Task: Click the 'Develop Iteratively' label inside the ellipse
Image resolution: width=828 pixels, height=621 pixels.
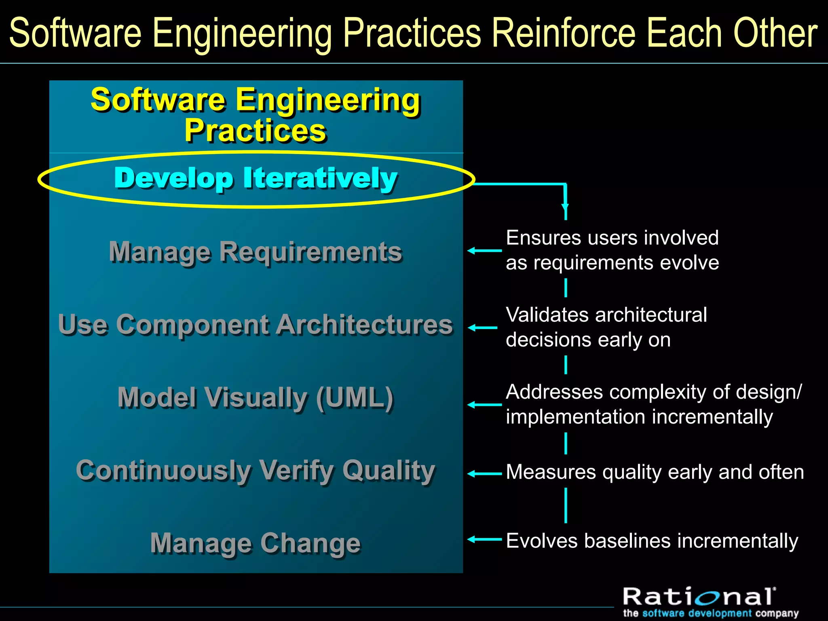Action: (x=256, y=178)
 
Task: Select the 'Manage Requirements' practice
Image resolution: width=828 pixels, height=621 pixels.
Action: (x=256, y=251)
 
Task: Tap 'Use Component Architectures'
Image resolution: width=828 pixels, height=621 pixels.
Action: (x=256, y=324)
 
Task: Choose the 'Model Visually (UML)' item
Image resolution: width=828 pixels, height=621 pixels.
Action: (x=256, y=397)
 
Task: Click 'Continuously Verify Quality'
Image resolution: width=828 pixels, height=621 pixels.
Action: (x=256, y=470)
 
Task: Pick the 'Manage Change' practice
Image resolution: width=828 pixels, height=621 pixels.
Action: (x=256, y=543)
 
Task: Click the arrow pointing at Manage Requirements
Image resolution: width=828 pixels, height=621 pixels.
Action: (x=484, y=251)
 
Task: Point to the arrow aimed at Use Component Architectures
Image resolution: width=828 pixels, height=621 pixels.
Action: (x=482, y=327)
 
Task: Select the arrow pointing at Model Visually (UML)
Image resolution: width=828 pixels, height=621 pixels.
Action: (x=484, y=404)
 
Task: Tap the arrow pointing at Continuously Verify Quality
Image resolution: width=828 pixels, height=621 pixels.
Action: (x=484, y=473)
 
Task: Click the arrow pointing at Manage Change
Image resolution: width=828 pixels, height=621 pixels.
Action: (x=484, y=539)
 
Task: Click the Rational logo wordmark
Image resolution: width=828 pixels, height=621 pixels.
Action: (x=699, y=597)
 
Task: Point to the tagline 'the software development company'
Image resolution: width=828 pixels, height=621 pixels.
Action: (x=711, y=613)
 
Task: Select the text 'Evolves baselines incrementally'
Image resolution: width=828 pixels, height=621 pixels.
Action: (x=652, y=541)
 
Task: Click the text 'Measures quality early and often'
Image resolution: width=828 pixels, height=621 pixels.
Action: (x=655, y=472)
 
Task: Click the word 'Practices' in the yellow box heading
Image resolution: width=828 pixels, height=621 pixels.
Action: (x=256, y=131)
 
